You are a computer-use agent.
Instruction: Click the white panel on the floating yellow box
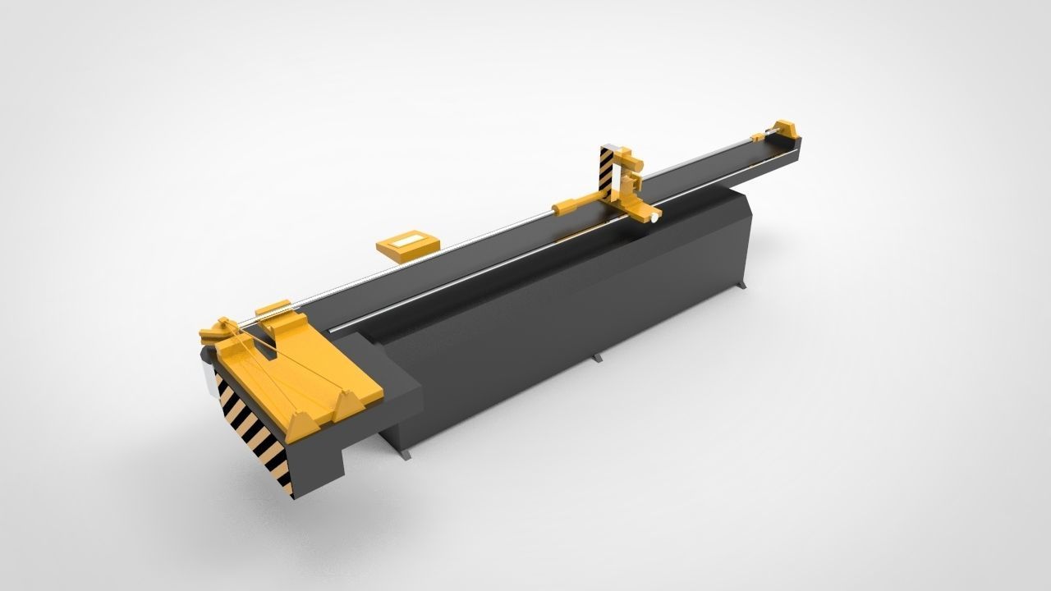[407, 243]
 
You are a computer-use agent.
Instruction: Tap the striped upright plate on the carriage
[606, 170]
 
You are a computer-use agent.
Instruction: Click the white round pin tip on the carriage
[654, 218]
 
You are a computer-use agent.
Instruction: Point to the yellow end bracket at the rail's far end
[786, 129]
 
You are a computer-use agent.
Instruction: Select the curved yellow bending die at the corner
[216, 332]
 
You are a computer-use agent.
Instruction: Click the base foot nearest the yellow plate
[406, 454]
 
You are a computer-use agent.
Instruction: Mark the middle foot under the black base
[597, 358]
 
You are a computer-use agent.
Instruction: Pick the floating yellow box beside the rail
[406, 245]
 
